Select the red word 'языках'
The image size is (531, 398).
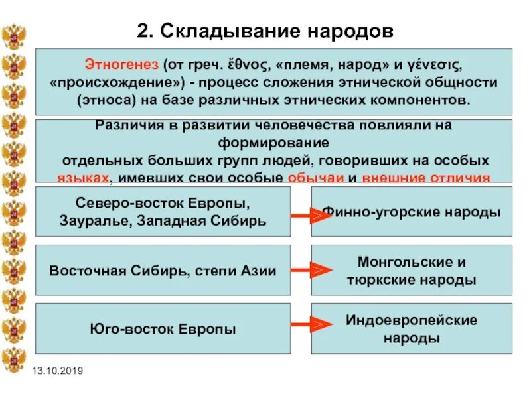coord(82,178)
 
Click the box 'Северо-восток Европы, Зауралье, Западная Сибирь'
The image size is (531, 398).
coord(163,212)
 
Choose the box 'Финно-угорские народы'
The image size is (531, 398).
coord(412,212)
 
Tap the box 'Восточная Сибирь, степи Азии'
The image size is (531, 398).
coord(163,270)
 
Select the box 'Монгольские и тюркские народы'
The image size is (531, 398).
coord(412,270)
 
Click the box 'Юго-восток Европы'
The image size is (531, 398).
coord(163,328)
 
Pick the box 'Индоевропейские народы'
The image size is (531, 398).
coord(412,328)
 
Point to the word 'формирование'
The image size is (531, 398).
coord(273,143)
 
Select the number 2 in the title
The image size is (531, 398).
coord(143,31)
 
